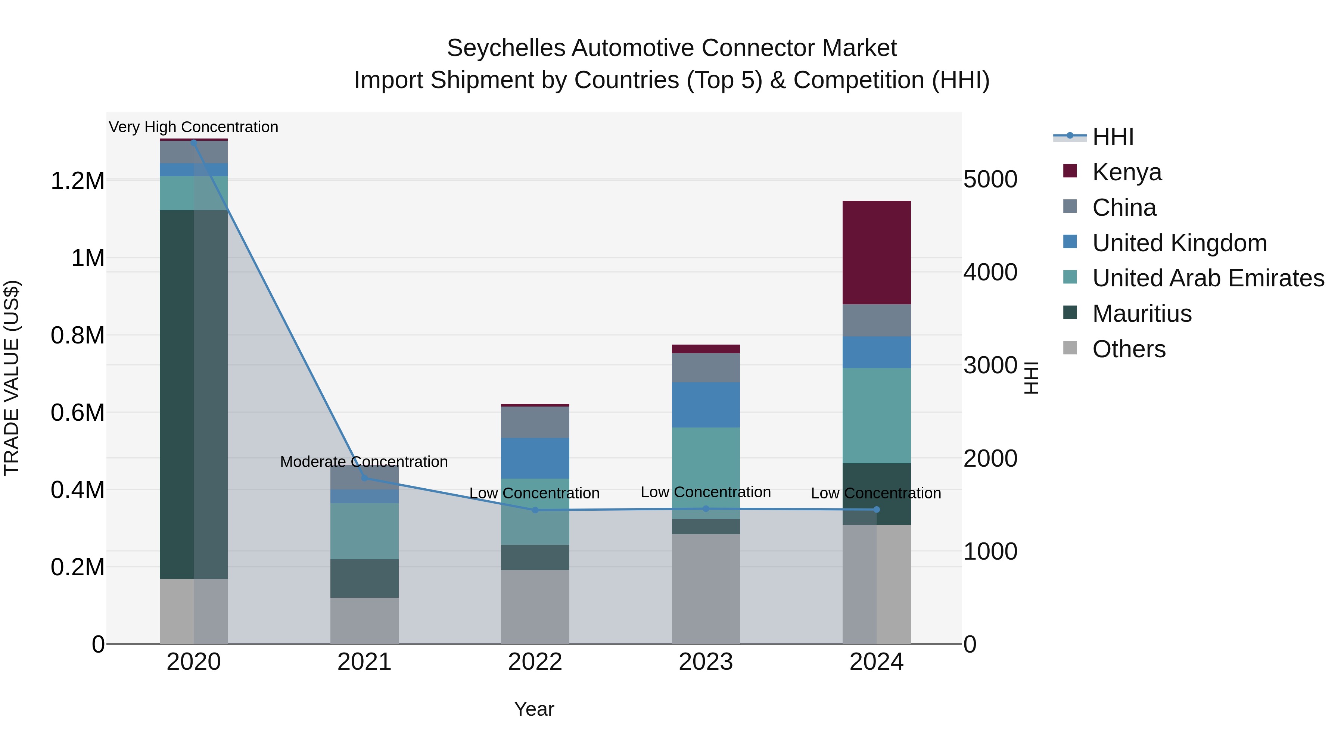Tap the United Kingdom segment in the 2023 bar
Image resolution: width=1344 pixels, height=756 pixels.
coord(705,404)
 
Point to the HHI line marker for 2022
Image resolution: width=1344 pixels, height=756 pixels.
coord(535,510)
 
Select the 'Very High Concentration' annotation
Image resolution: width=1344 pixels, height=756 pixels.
coord(193,127)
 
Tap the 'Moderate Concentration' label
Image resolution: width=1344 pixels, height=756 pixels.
coord(364,462)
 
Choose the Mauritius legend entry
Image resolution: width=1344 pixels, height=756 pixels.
coord(1142,314)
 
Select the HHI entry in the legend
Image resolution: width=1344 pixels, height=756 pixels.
coord(1113,137)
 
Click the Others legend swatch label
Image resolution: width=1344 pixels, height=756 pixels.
coord(1129,349)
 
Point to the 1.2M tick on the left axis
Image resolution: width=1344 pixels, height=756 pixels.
coord(77,181)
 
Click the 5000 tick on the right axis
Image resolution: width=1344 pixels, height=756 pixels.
coord(990,180)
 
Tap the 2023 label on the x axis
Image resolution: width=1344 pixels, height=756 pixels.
coord(705,662)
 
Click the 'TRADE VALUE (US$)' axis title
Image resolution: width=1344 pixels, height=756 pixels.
coord(12,378)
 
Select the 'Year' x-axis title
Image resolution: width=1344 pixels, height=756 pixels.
coord(534,709)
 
